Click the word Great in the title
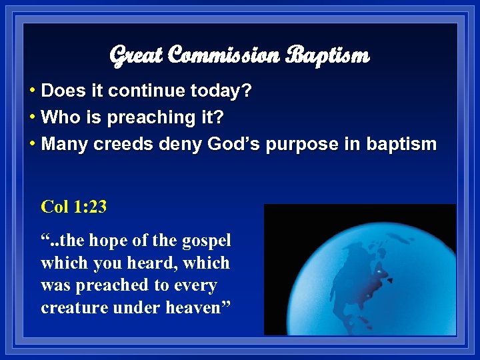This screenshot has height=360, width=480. click(x=136, y=56)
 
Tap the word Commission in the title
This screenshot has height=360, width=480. click(x=223, y=56)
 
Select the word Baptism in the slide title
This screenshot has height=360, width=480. click(x=327, y=56)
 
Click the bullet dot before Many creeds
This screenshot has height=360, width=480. click(x=33, y=145)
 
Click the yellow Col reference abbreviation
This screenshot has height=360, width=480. click(x=55, y=207)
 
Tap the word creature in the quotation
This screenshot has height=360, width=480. click(x=70, y=309)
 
